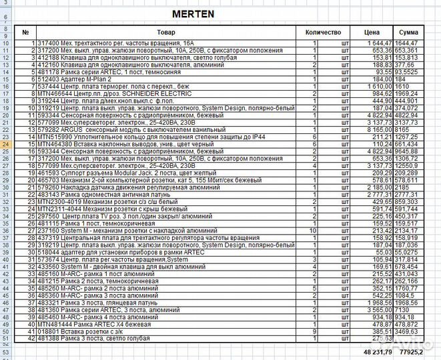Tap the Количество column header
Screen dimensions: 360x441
coord(323,32)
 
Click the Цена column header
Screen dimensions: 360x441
coord(372,32)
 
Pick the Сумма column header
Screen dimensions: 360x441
coord(408,32)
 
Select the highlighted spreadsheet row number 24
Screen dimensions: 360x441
coord(6,143)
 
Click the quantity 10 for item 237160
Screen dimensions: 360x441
coord(313,230)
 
